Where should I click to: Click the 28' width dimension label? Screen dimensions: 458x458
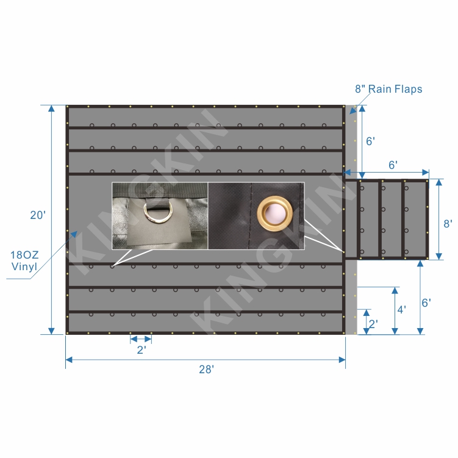[207, 370]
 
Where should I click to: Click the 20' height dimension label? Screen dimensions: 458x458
[38, 215]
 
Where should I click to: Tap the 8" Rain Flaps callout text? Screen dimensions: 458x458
[388, 89]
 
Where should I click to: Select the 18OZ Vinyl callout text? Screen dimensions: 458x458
[24, 260]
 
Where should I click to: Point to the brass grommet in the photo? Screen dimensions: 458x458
[274, 213]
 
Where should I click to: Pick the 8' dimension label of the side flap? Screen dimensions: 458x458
[448, 224]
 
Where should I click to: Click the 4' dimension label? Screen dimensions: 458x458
[402, 310]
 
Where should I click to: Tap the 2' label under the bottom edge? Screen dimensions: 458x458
[141, 349]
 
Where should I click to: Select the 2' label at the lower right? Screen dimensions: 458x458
[373, 324]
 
